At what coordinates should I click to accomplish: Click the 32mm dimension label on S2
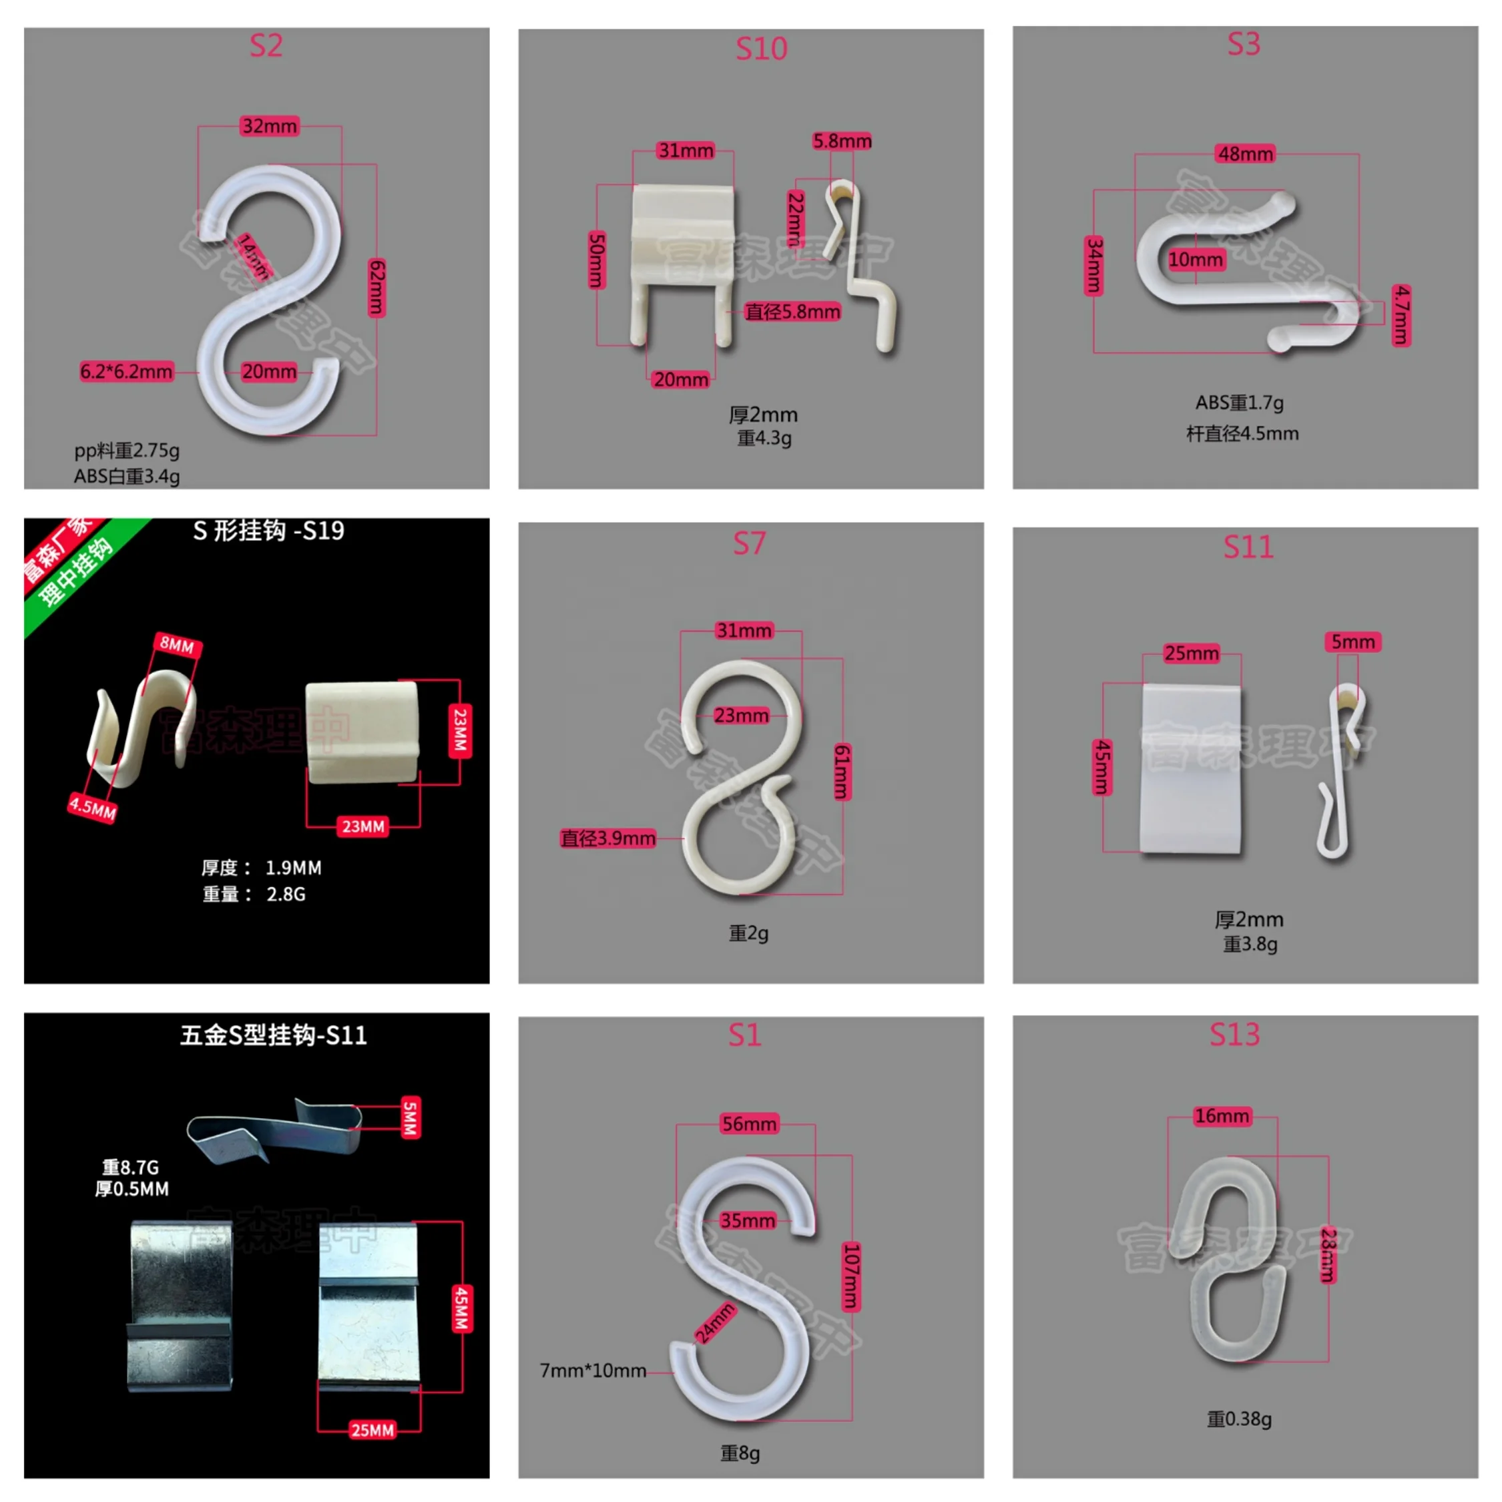click(x=269, y=126)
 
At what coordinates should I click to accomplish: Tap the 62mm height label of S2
click(x=377, y=288)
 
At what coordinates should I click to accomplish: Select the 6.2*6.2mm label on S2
click(x=126, y=372)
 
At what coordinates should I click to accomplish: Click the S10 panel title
click(x=761, y=49)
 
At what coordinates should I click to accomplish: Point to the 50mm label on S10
click(x=596, y=260)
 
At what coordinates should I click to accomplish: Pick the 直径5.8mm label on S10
click(x=792, y=312)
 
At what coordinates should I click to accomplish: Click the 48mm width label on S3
click(x=1245, y=154)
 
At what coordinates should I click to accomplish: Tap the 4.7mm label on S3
click(x=1401, y=315)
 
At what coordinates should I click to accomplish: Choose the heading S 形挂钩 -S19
click(x=268, y=531)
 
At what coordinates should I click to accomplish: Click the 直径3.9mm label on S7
click(x=608, y=838)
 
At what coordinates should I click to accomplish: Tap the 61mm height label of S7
click(x=842, y=771)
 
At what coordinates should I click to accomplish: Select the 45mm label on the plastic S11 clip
click(x=1102, y=766)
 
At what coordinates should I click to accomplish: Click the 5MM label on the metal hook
click(x=411, y=1118)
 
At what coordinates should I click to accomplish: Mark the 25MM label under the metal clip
click(x=372, y=1430)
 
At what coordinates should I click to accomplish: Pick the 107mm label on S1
click(x=851, y=1276)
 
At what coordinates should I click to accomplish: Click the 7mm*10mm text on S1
click(x=593, y=1370)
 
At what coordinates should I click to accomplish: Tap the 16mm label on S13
click(x=1222, y=1116)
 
